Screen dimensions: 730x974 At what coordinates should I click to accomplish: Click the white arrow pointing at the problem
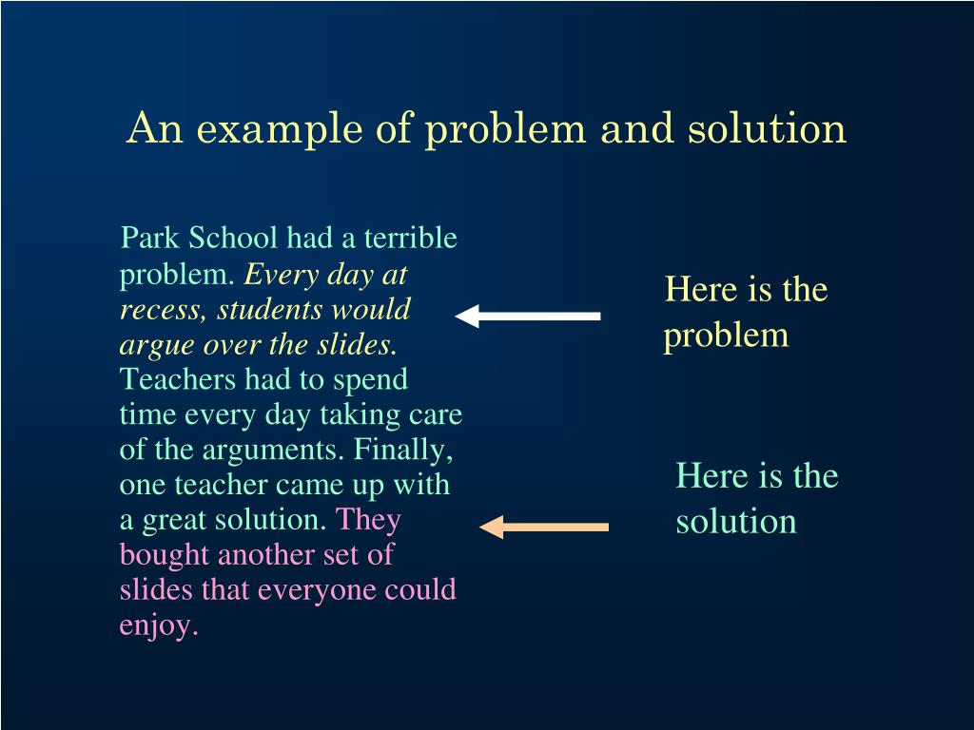528,316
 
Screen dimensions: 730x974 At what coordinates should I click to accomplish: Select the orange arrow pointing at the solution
544,527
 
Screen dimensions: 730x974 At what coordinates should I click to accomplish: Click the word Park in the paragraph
146,238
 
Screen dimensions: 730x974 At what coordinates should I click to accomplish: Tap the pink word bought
164,554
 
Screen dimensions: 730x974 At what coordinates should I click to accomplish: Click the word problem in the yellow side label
726,336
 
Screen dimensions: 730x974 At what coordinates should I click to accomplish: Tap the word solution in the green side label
736,521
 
